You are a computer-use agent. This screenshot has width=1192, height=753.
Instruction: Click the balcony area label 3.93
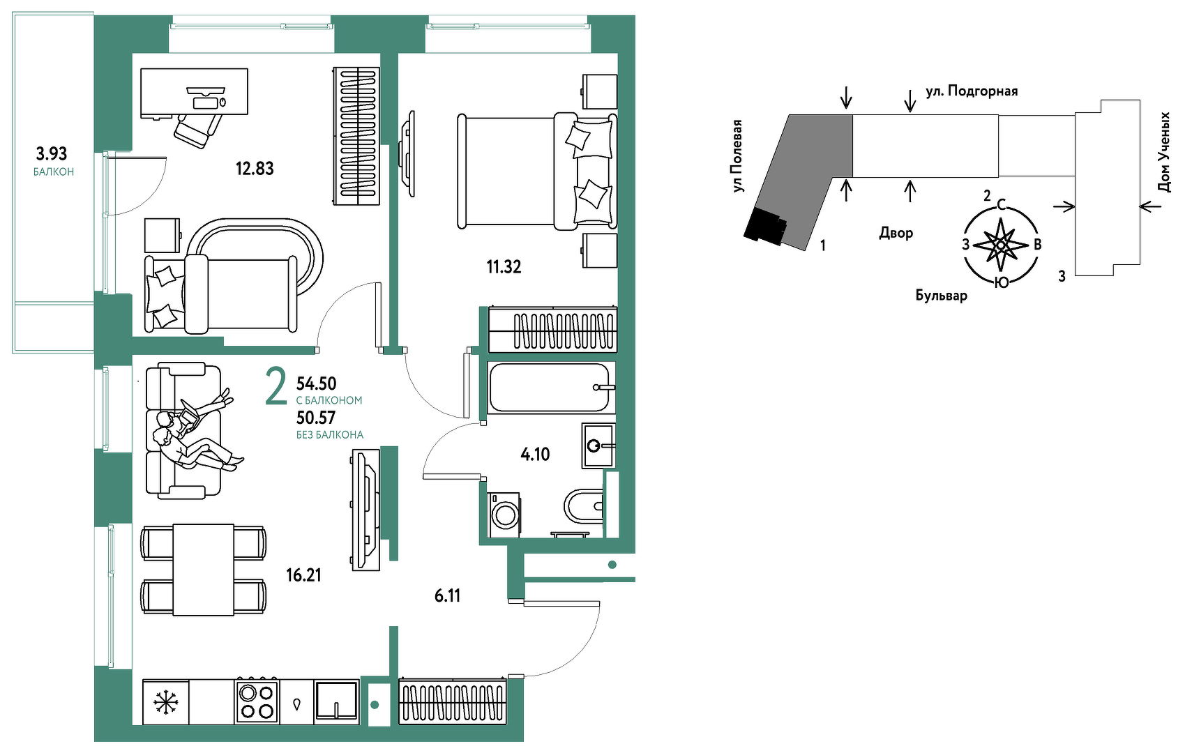tap(52, 153)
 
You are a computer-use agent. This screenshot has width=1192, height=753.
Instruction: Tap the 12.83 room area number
tap(255, 169)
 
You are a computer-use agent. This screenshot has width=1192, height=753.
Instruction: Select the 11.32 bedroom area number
tap(504, 266)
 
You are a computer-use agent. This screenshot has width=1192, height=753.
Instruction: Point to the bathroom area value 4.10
tap(535, 454)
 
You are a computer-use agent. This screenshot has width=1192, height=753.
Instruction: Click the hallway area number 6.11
tap(447, 595)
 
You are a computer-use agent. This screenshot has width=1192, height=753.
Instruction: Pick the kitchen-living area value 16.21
tap(303, 575)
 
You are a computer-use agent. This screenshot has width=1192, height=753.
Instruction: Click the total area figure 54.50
tap(316, 383)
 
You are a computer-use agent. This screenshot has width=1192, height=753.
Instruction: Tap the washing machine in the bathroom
tap(504, 514)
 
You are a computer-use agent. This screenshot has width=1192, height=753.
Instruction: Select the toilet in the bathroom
tap(583, 505)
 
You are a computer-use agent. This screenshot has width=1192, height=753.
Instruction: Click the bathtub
tap(551, 388)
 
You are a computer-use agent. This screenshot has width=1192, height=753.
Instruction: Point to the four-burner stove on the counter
tap(257, 700)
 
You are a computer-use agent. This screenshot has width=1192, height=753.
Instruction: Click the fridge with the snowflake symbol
tap(165, 701)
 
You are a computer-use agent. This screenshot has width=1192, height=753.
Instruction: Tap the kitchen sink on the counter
tap(336, 700)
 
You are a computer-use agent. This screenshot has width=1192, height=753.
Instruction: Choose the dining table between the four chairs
tap(203, 570)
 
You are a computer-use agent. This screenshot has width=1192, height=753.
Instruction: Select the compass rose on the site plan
tap(1000, 245)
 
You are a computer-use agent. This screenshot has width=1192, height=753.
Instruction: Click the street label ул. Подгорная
tap(972, 91)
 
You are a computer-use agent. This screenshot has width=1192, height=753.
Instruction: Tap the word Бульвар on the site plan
tap(941, 295)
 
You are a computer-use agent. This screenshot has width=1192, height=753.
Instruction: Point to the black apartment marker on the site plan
tap(764, 225)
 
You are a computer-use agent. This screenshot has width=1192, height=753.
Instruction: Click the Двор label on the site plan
tap(896, 233)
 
